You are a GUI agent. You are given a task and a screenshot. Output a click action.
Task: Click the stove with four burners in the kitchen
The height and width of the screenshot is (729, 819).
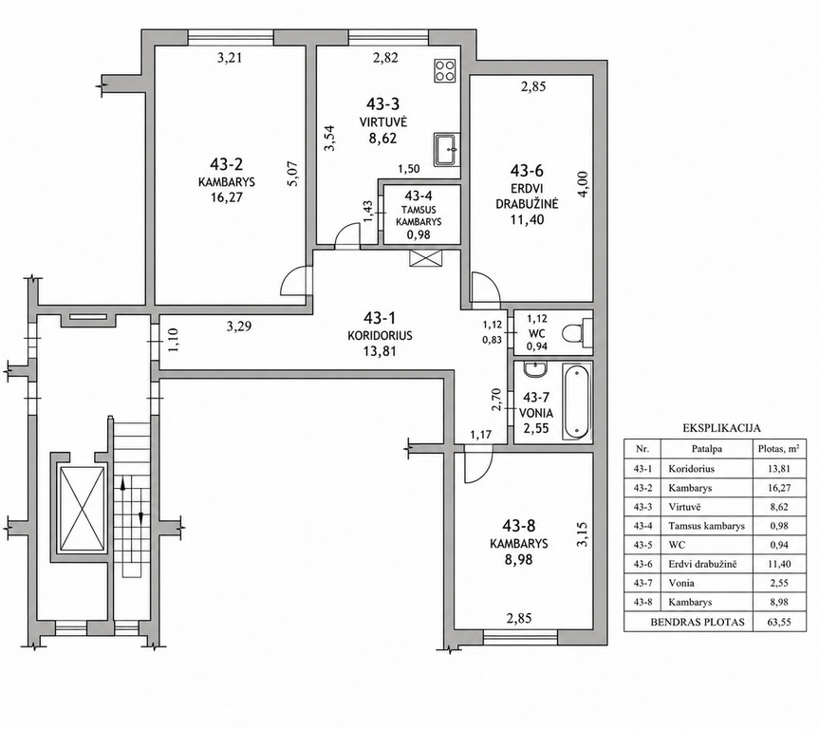(444, 70)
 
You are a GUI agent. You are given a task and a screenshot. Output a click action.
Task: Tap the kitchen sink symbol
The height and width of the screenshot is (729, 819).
(447, 149)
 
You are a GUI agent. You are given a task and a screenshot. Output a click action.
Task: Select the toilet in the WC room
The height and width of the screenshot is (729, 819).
(577, 333)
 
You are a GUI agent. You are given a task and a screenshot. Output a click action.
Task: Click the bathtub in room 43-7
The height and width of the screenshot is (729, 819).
(576, 402)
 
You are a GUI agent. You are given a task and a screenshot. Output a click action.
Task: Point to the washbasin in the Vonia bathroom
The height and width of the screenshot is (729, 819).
(535, 369)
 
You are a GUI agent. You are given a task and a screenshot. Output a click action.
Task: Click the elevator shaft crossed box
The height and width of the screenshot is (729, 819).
(82, 509)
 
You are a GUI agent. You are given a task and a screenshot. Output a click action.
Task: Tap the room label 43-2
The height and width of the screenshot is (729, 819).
(227, 164)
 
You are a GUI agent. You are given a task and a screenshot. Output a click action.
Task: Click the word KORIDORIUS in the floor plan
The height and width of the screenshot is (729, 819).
(380, 335)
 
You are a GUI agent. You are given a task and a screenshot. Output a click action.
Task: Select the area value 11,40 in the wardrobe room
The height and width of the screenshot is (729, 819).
(527, 219)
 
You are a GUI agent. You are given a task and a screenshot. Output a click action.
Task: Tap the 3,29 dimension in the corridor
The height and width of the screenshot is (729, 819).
(239, 327)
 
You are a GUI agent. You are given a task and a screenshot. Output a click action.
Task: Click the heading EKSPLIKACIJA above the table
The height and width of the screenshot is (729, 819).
(721, 428)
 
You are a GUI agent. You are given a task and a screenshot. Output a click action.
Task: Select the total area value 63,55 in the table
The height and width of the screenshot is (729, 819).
(779, 623)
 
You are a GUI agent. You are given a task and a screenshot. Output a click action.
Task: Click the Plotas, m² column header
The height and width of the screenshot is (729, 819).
(778, 449)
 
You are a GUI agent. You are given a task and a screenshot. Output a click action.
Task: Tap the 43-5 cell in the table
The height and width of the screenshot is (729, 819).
(643, 545)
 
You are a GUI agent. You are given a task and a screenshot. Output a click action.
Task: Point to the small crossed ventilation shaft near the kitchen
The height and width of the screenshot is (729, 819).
(426, 258)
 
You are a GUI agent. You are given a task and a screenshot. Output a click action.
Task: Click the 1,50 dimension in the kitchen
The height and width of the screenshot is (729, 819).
(408, 169)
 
